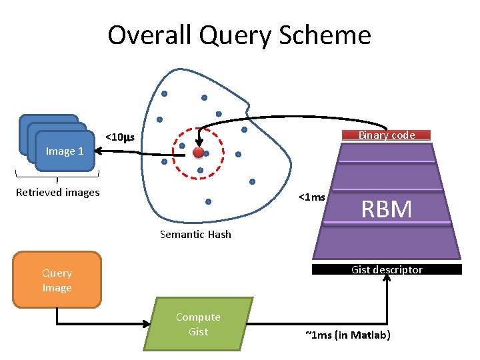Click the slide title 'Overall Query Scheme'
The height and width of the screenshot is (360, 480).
point(239,35)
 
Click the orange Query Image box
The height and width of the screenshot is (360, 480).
point(57,280)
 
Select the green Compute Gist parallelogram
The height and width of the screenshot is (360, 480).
point(198,324)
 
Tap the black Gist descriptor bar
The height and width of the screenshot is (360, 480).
point(387,269)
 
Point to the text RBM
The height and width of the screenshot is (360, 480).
point(387,209)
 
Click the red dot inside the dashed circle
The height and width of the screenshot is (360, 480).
point(198,153)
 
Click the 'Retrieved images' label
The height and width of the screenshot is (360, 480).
point(57,193)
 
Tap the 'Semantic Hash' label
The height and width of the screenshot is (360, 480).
point(195,234)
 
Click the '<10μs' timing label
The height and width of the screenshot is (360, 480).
point(120,138)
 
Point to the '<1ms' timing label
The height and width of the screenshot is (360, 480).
point(312,197)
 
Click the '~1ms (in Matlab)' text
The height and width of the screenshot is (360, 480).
point(347,335)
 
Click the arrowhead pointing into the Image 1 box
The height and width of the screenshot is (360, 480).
point(101,151)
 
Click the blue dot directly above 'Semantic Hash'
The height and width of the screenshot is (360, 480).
point(208,201)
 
